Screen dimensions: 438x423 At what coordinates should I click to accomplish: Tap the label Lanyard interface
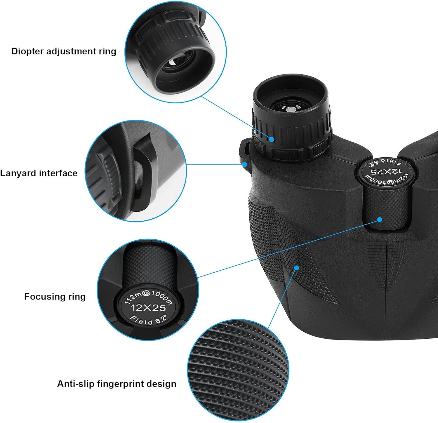pos(39,173)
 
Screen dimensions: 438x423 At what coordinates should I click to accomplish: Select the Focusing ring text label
pos(55,297)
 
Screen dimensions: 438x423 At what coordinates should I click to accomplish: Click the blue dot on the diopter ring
pos(272,139)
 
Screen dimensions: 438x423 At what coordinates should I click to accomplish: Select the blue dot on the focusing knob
pos(380,220)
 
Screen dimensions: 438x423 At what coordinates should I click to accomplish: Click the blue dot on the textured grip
pos(297,267)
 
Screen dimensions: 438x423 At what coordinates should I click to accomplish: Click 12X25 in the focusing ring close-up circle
pos(148,307)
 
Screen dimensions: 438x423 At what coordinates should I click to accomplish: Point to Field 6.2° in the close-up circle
pos(148,320)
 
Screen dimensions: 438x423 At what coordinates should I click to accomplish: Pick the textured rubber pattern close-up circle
pos(238,371)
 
